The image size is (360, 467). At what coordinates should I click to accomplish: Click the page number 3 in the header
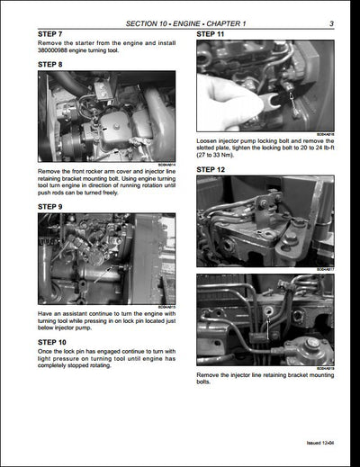pyautogui.click(x=331, y=22)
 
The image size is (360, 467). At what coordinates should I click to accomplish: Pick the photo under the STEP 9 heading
pyautogui.click(x=107, y=257)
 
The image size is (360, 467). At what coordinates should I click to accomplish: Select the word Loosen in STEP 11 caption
pyautogui.click(x=210, y=141)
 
